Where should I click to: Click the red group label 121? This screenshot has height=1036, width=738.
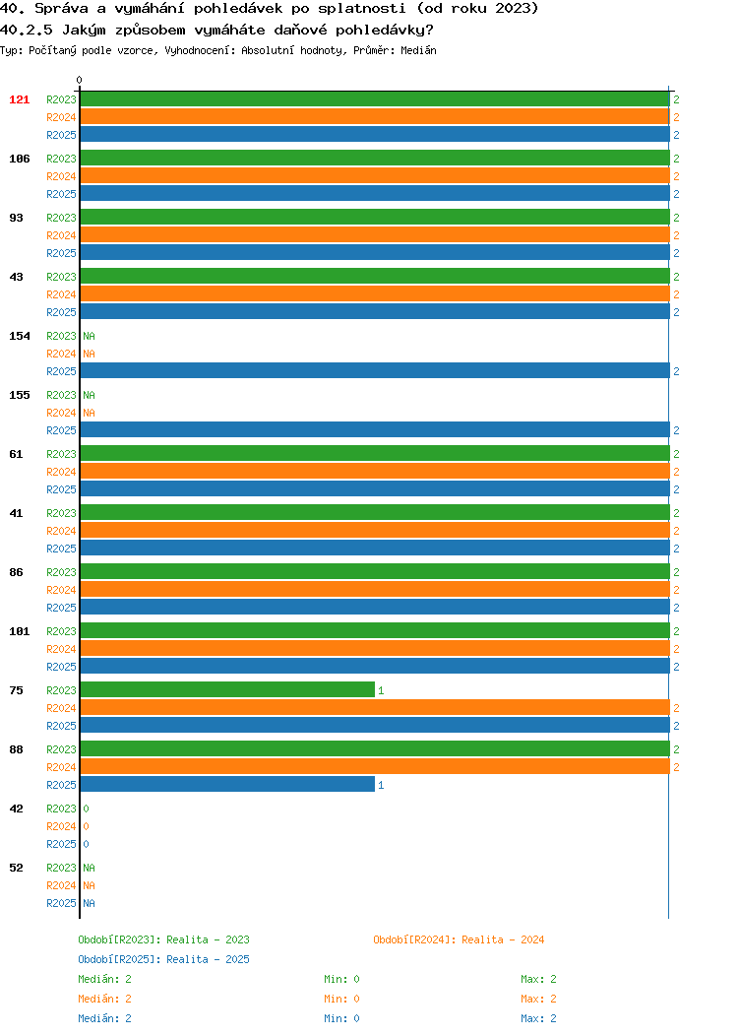click(19, 99)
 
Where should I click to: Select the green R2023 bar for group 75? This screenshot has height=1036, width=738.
click(227, 689)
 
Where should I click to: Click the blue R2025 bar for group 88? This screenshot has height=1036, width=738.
click(227, 784)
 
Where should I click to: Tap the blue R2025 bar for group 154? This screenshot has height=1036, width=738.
click(375, 370)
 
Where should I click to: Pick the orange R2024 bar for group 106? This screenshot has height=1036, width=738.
click(375, 175)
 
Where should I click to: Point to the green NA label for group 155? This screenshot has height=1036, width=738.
click(90, 395)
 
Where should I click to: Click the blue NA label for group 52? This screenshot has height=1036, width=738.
click(90, 903)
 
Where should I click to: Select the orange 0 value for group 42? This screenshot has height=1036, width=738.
click(86, 826)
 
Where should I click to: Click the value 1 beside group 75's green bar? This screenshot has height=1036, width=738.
click(381, 690)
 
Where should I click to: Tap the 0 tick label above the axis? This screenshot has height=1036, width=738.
click(80, 80)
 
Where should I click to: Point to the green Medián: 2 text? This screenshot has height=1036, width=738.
click(105, 979)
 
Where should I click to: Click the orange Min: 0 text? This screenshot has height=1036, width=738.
click(341, 999)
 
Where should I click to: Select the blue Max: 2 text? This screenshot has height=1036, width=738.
click(538, 1019)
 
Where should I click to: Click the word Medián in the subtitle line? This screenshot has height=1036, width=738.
click(418, 50)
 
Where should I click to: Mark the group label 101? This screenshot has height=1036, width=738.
click(19, 631)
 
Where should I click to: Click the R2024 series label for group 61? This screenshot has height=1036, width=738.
click(61, 472)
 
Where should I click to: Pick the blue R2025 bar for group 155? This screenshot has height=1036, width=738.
click(375, 429)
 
